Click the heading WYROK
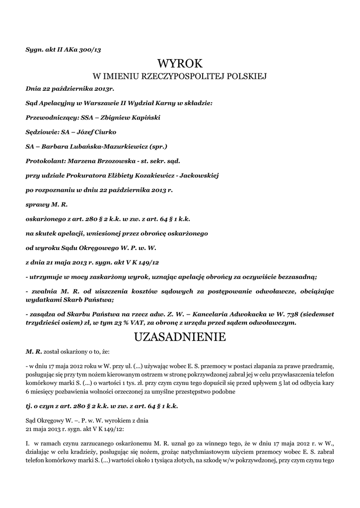click(x=180, y=63)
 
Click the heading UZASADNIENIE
click(x=180, y=337)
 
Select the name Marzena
click(x=84, y=161)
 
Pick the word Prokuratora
click(x=86, y=175)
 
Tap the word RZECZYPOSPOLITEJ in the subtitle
click(x=169, y=76)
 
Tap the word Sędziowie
click(x=42, y=132)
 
